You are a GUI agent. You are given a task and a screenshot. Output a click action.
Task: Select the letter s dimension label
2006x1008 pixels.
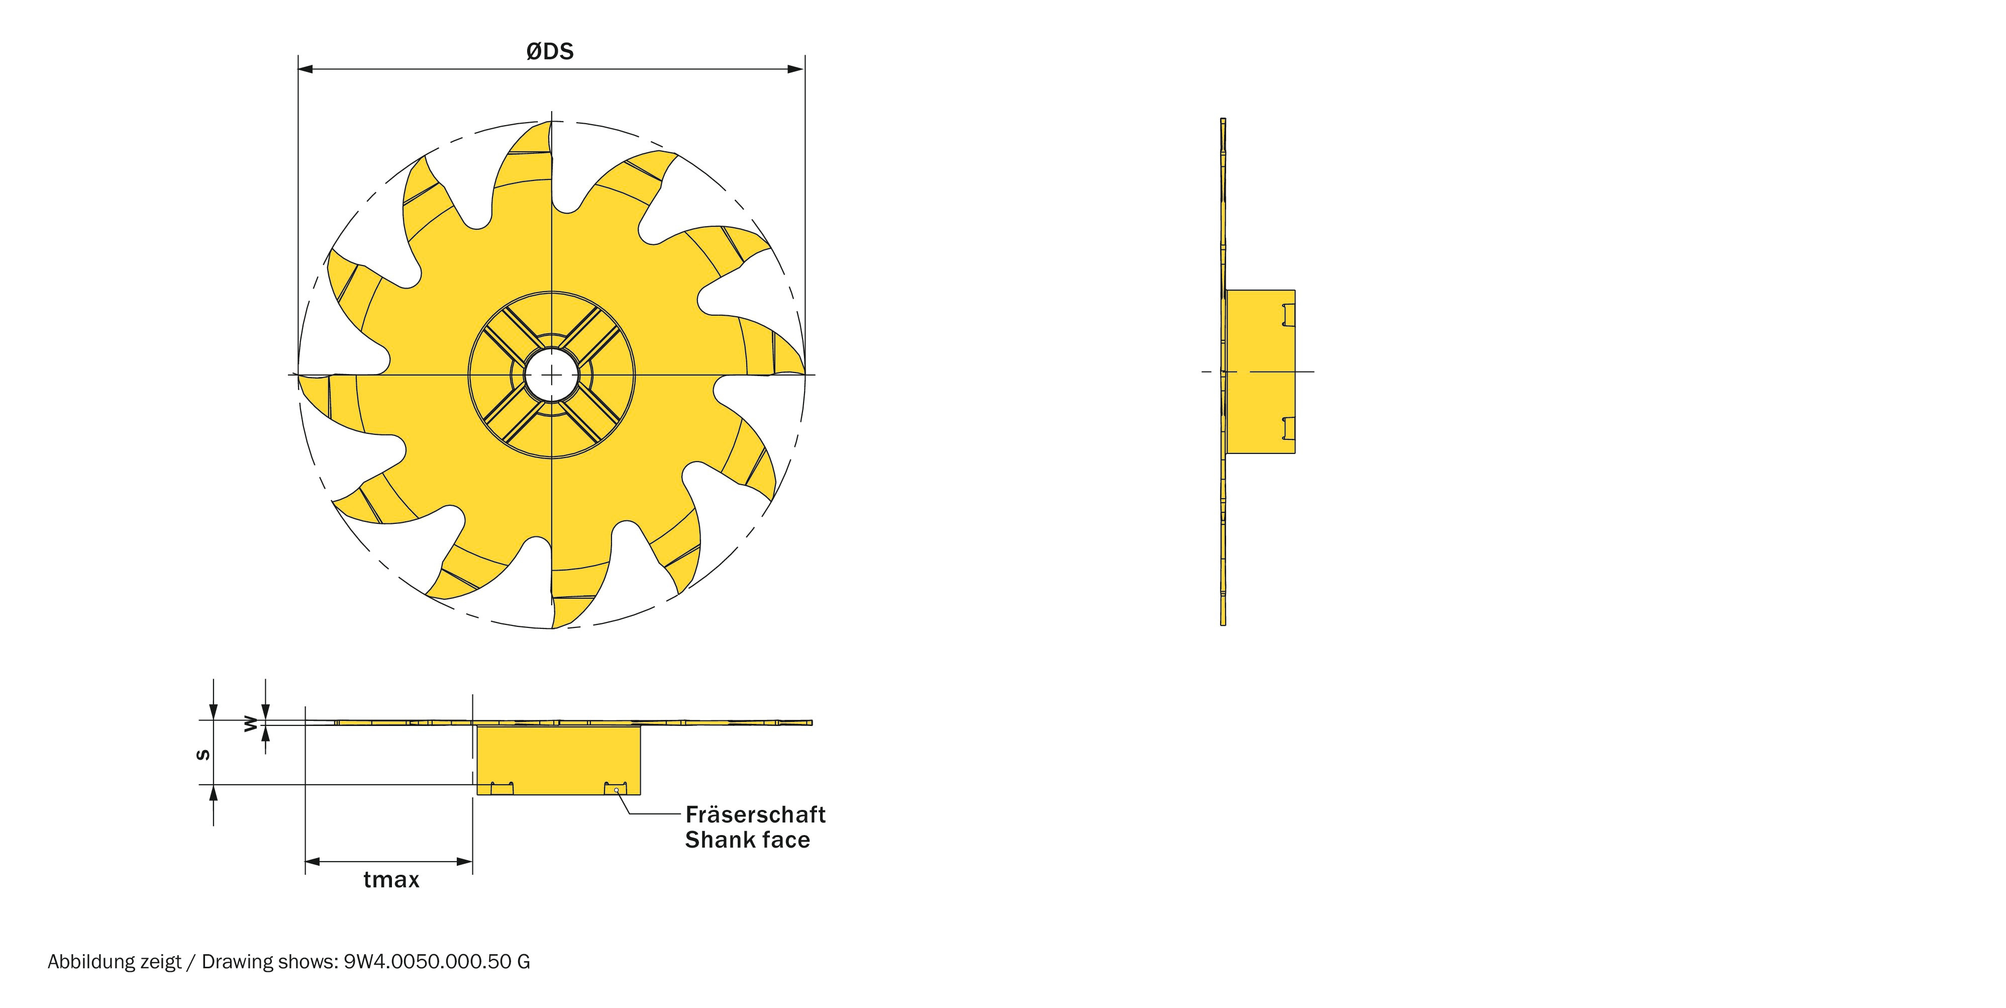pyautogui.click(x=203, y=754)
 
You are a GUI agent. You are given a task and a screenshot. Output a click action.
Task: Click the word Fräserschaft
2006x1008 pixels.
pyautogui.click(x=755, y=815)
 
